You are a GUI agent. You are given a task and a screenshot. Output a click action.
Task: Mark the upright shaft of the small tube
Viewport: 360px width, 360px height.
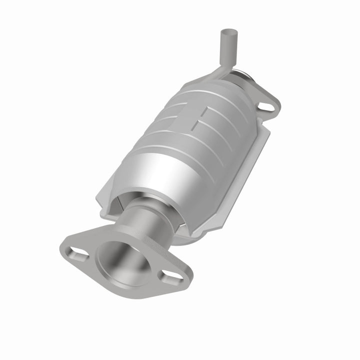coord(223,50)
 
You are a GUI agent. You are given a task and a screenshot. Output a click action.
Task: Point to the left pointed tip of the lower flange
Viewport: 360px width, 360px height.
coord(62,247)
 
